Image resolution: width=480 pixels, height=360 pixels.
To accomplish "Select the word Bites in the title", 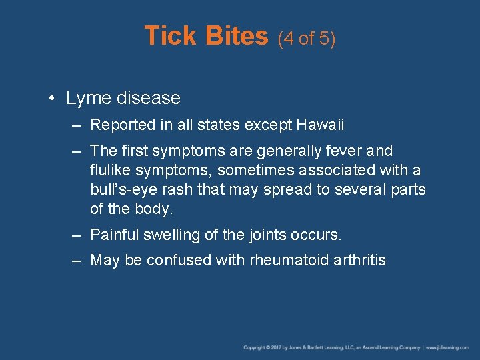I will click(237, 36).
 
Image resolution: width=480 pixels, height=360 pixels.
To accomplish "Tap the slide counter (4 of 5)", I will click(307, 39).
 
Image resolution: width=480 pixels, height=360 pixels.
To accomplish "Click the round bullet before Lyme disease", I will click(51, 99).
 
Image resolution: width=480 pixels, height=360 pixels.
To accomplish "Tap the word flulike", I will click(111, 171).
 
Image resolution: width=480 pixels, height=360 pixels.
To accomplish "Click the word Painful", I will click(113, 235).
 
